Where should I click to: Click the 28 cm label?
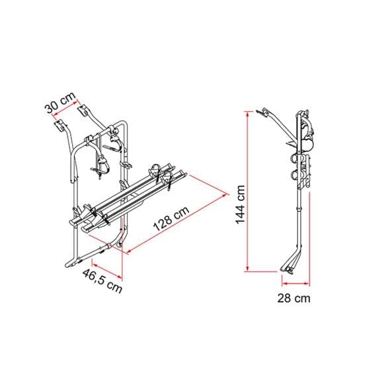tap(293, 298)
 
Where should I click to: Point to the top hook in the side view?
tap(266, 110)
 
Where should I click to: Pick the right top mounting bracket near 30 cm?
tap(84, 109)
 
